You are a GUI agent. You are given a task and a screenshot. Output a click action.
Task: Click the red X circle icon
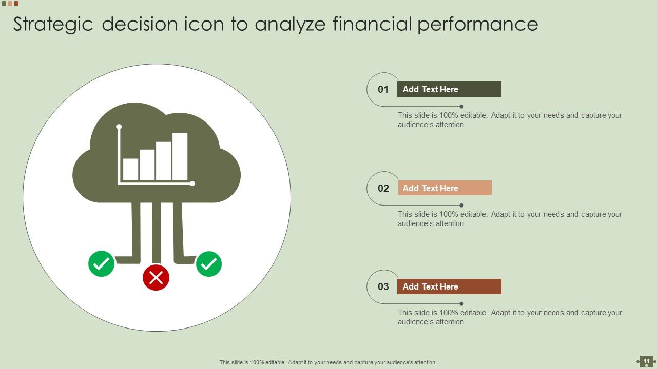coord(156,277)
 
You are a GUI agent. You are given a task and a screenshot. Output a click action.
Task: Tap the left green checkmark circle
coord(102,264)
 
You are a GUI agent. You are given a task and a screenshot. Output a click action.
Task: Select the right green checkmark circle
coord(209,264)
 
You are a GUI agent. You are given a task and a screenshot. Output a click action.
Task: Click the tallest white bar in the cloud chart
coord(180,156)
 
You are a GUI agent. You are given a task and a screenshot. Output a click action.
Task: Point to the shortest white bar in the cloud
coord(130,169)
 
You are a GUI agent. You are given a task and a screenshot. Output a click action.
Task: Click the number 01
coord(383,90)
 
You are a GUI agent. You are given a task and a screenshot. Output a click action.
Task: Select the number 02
coord(383,188)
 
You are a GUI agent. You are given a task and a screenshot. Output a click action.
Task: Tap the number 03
coord(383,286)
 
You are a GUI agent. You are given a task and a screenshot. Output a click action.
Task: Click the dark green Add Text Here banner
coord(449,89)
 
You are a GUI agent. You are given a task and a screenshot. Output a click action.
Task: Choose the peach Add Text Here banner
coord(445,188)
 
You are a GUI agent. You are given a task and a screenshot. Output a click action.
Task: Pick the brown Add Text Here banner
coord(449,286)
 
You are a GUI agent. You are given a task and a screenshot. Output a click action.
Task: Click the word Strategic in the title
coord(53,25)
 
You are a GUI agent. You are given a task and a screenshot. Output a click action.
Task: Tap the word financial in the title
coord(372,25)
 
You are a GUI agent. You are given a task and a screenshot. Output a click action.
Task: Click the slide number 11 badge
coord(646,361)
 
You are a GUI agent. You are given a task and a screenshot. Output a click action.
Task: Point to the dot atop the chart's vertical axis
coord(119,127)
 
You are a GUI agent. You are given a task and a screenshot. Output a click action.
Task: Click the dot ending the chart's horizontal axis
coord(192,183)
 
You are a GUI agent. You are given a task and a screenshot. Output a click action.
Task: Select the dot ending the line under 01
coord(461,107)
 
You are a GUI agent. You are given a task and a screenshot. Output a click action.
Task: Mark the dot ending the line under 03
coord(461,304)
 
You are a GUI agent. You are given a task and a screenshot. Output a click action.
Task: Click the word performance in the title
coord(477,25)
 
